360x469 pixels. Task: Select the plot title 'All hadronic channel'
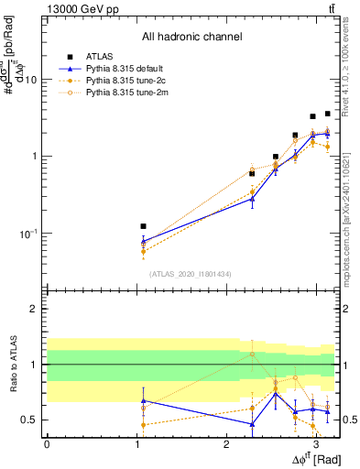(x=191, y=37)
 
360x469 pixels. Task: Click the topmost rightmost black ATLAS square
(x=327, y=114)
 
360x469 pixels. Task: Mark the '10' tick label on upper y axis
(x=32, y=80)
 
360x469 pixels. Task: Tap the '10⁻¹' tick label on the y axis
(x=29, y=234)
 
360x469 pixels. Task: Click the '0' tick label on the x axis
(x=47, y=443)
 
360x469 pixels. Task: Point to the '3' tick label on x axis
(x=315, y=443)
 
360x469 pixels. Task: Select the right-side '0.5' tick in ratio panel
(x=346, y=420)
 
